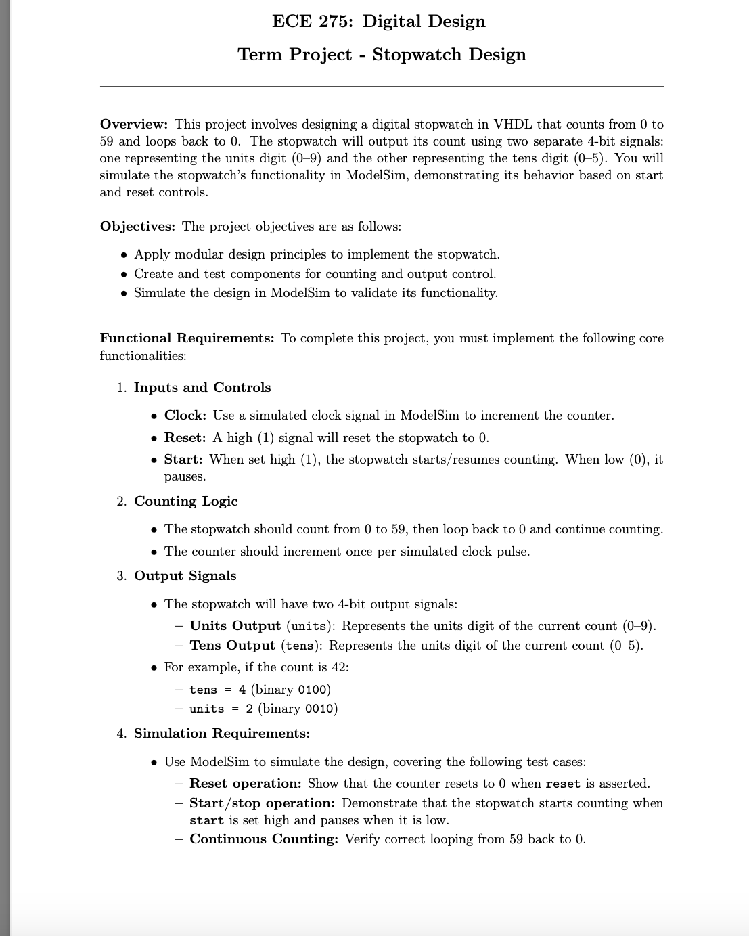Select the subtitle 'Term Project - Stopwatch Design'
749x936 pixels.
382,55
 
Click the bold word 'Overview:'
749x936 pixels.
133,125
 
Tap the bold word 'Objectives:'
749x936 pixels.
137,227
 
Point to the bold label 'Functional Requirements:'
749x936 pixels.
187,338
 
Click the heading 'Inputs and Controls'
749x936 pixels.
202,388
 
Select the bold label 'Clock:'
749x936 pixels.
185,416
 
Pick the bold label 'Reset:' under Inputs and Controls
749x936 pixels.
185,438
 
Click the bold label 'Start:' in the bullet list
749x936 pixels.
183,460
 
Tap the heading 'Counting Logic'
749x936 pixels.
186,502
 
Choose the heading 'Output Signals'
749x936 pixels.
185,576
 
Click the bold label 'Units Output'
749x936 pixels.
235,626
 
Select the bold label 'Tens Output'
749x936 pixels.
232,646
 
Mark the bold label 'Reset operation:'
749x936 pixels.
245,784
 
